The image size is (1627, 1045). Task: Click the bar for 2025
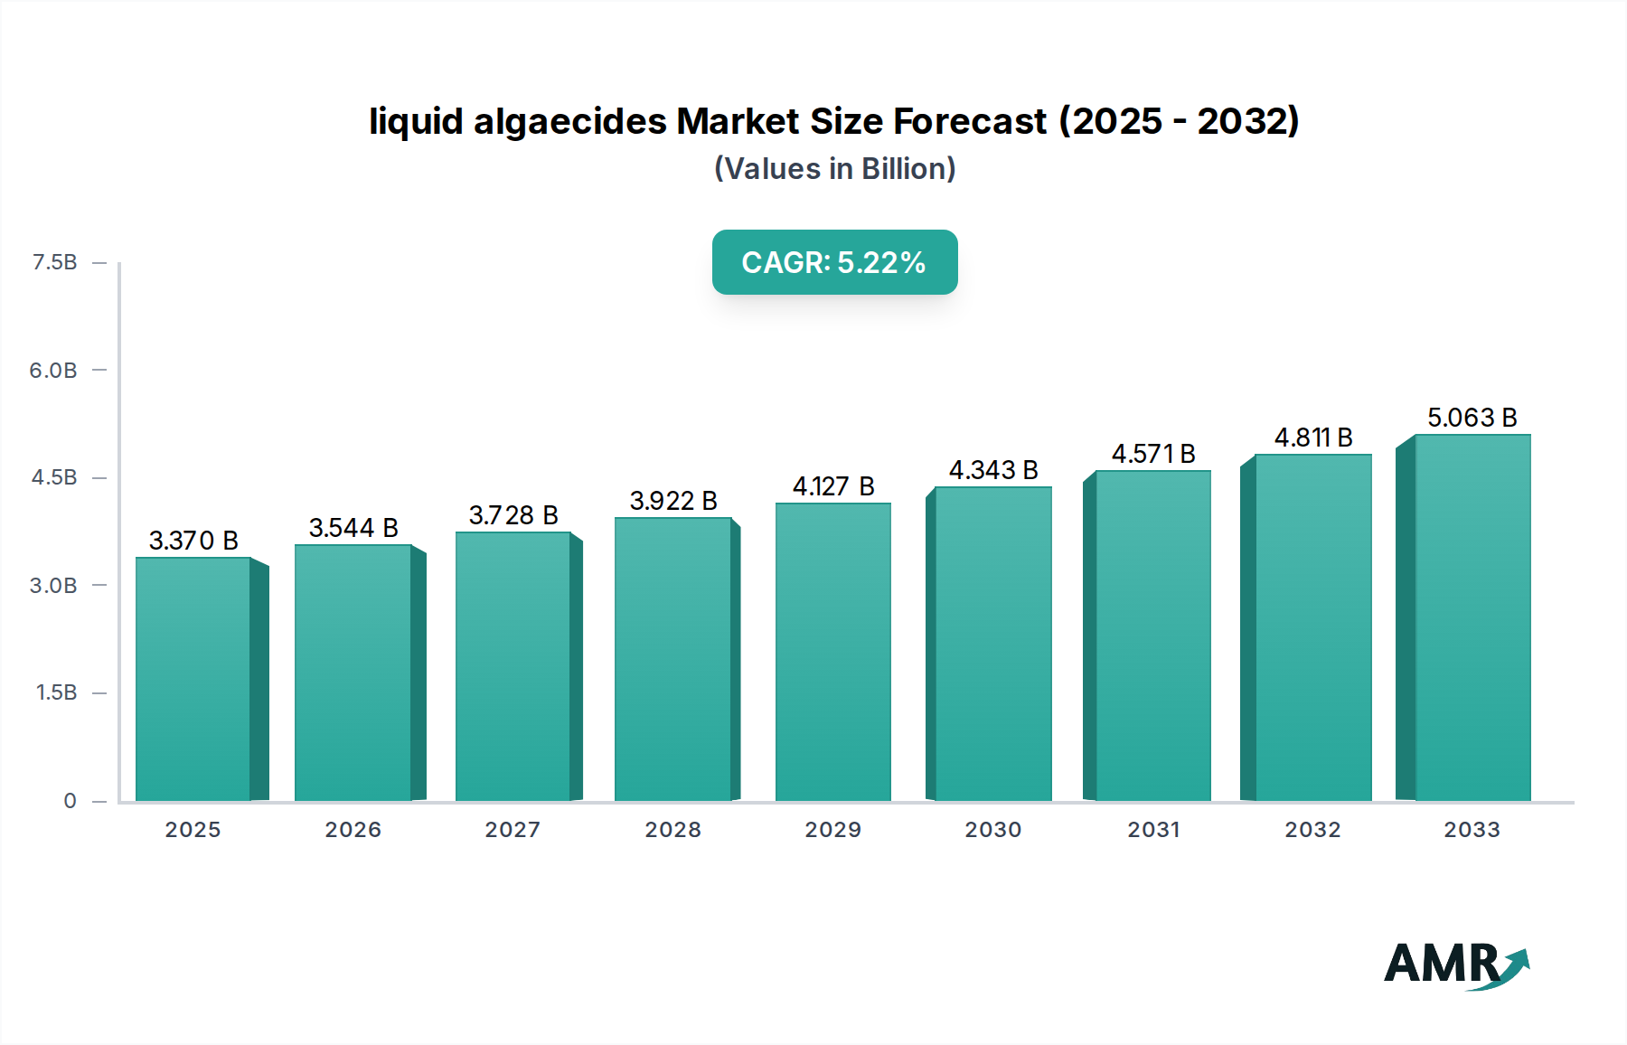(x=193, y=678)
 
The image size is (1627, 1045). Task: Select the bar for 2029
(x=832, y=651)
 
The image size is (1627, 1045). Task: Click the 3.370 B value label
(x=193, y=541)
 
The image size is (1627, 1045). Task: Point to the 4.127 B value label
(x=833, y=486)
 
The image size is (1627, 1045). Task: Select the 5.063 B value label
(x=1472, y=418)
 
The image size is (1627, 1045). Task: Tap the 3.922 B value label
(x=673, y=501)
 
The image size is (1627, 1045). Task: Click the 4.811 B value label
(x=1313, y=438)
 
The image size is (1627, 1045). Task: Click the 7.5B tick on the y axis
(x=54, y=262)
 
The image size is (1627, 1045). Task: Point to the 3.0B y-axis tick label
(x=53, y=586)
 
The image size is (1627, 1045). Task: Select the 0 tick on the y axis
(x=70, y=801)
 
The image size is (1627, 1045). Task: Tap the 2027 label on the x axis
(x=513, y=830)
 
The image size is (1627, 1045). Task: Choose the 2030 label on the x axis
(x=992, y=830)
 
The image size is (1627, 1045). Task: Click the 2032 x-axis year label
(x=1312, y=830)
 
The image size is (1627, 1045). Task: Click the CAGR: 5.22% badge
(x=834, y=262)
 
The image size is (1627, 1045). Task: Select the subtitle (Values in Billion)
(x=834, y=169)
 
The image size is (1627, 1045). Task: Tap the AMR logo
(x=1456, y=965)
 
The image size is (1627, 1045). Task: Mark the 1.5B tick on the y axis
(x=56, y=692)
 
